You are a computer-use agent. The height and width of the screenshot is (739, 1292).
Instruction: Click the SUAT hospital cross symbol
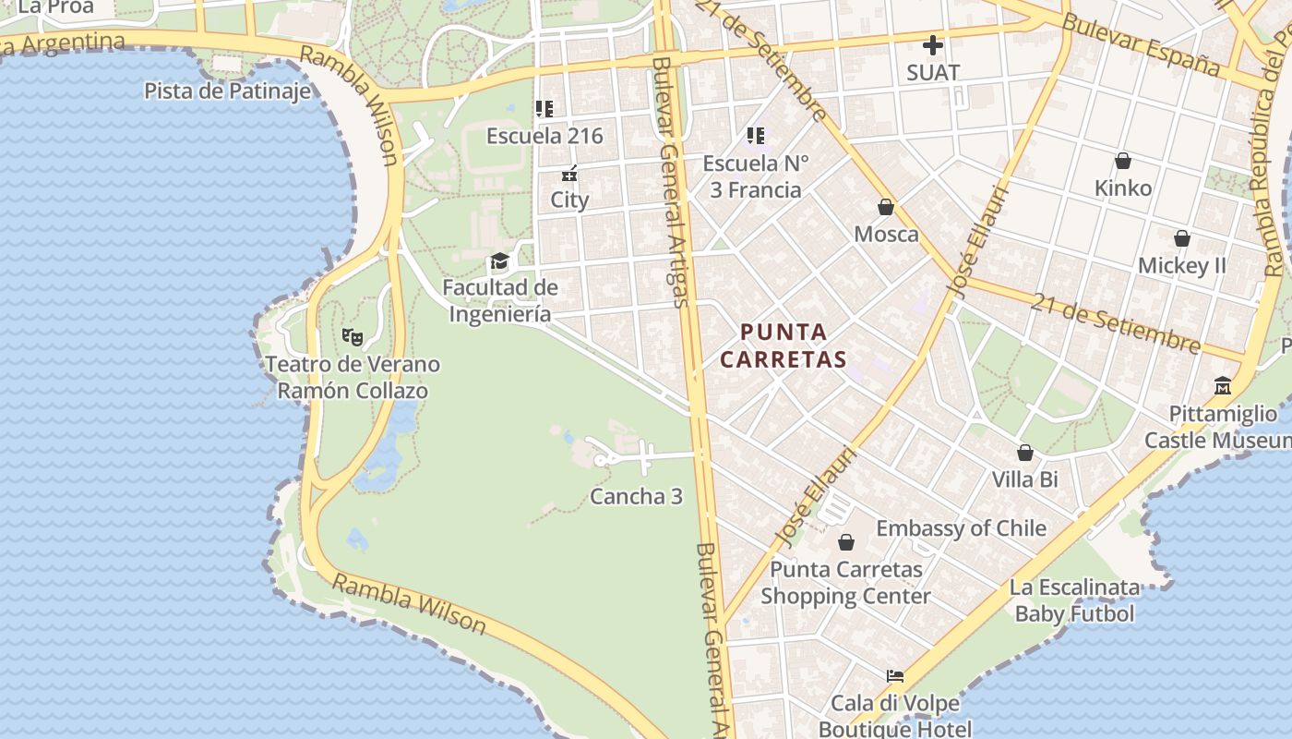pos(933,44)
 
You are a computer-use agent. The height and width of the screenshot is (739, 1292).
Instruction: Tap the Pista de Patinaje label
pos(227,91)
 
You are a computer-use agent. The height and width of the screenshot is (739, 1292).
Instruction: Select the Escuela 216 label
pos(544,136)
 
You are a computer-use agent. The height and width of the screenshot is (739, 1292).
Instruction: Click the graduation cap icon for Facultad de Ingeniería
pos(499,261)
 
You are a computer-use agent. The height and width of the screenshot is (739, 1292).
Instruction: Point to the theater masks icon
pos(352,337)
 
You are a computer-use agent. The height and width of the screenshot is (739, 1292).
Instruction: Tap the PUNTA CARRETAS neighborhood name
pos(784,345)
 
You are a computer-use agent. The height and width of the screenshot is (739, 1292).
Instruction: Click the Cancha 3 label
pos(636,496)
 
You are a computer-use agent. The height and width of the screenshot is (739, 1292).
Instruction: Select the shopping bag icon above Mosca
pos(886,207)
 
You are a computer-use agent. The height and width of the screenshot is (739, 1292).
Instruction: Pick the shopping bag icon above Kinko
pos(1123,162)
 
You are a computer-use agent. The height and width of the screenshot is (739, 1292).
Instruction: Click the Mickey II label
pos(1181,266)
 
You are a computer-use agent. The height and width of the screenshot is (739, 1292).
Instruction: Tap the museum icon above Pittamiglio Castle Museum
pos(1223,385)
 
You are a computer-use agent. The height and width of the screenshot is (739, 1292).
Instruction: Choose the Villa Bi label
pos(1024,479)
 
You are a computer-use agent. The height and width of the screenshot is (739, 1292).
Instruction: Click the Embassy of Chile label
pos(961,528)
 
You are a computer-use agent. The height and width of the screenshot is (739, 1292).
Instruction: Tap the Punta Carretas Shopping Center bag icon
pos(845,542)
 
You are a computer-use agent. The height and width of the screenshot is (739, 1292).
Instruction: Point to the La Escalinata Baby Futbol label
pos(1074,600)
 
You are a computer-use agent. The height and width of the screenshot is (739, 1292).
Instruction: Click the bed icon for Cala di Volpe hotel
pos(894,676)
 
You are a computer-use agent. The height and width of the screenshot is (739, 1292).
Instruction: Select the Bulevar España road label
pos(1141,43)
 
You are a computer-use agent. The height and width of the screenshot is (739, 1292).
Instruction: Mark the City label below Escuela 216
pos(569,200)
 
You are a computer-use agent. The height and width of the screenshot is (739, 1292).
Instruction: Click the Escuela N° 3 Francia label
pos(755,176)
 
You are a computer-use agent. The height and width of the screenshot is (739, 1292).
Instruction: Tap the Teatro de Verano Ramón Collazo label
pos(353,377)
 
